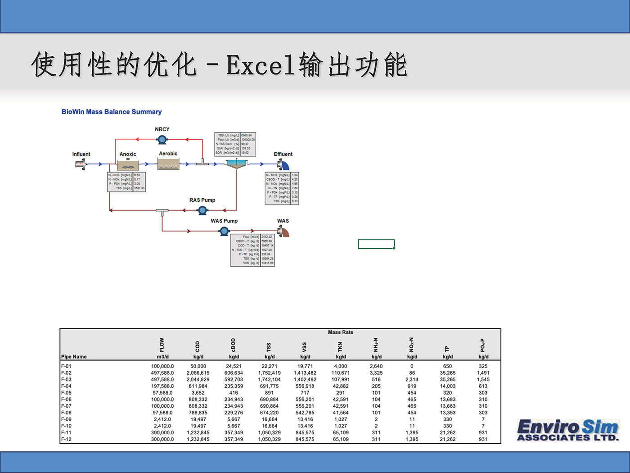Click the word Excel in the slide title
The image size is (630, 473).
[261, 65]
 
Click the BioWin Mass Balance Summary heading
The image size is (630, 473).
[112, 112]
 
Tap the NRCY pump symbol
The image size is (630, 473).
[162, 140]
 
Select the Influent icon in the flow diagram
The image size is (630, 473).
[80, 164]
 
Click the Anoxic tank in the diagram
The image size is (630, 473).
[128, 164]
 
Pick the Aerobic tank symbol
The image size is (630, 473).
[168, 164]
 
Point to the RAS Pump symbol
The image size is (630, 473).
[202, 210]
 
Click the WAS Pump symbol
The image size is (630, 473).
[224, 231]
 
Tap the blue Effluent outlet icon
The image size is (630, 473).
[283, 164]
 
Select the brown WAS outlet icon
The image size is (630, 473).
[283, 232]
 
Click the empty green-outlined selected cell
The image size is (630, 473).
[376, 244]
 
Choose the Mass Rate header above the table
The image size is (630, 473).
[341, 332]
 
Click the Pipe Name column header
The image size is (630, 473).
[74, 357]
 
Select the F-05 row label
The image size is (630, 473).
[66, 393]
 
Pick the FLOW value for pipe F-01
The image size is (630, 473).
[162, 366]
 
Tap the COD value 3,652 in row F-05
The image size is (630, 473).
[198, 393]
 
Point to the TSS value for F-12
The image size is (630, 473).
[269, 439]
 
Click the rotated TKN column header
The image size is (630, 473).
[341, 346]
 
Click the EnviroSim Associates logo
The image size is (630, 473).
[568, 430]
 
